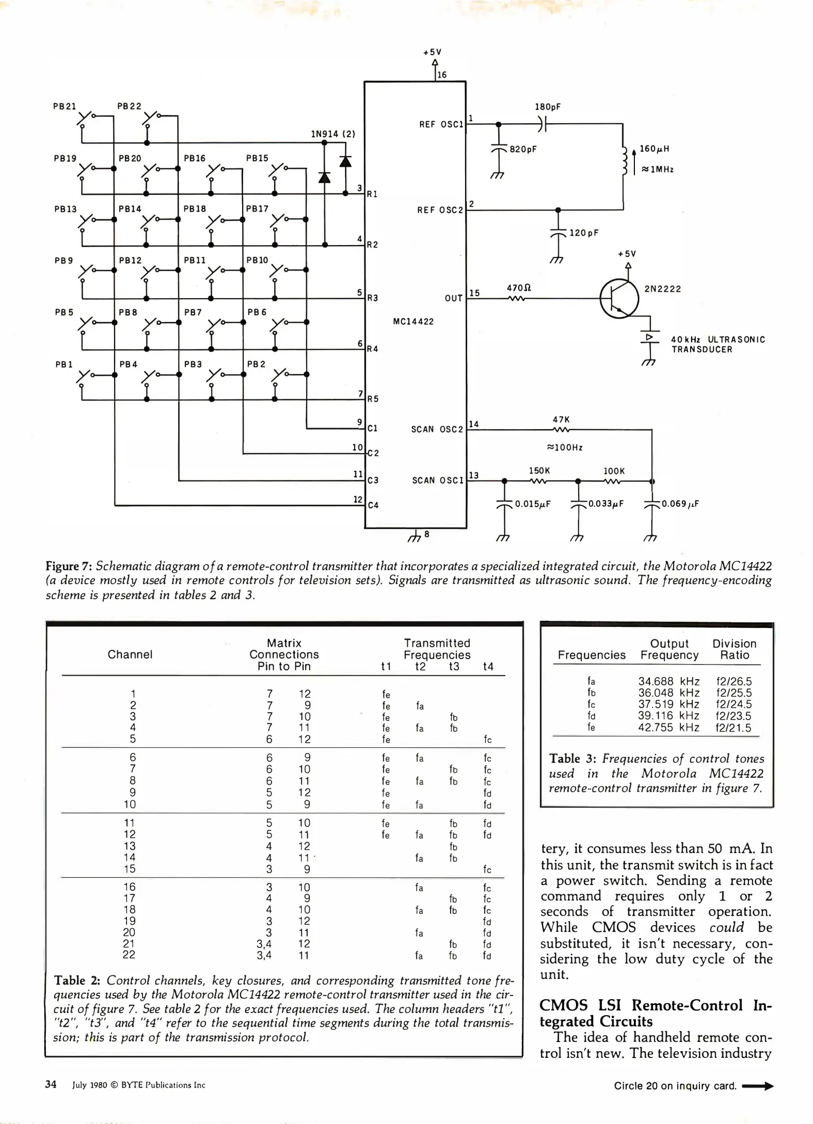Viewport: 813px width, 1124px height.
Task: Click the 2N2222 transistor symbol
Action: [x=619, y=299]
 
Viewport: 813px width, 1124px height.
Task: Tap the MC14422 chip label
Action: [x=413, y=322]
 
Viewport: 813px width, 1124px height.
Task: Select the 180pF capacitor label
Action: [x=548, y=107]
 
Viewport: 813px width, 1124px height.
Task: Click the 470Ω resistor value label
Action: [x=519, y=288]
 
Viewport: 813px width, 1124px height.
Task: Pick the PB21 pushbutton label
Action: [x=65, y=107]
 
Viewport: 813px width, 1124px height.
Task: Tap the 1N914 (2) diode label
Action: [x=333, y=134]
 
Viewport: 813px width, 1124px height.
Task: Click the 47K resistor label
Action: [x=561, y=419]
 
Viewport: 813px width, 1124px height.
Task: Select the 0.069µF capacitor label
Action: [x=680, y=504]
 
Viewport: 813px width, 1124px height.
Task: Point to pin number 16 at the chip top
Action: [x=442, y=75]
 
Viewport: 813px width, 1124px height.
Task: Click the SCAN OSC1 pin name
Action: [x=437, y=480]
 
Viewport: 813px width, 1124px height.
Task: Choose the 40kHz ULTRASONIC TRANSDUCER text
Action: [x=718, y=344]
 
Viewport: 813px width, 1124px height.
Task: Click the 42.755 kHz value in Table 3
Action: [x=669, y=727]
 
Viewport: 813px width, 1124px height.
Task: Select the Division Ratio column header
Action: [x=734, y=649]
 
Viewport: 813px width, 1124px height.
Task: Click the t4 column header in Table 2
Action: [x=488, y=667]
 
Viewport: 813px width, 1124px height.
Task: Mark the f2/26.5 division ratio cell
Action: [x=734, y=681]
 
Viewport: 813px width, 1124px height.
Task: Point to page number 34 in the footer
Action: [x=51, y=1084]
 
